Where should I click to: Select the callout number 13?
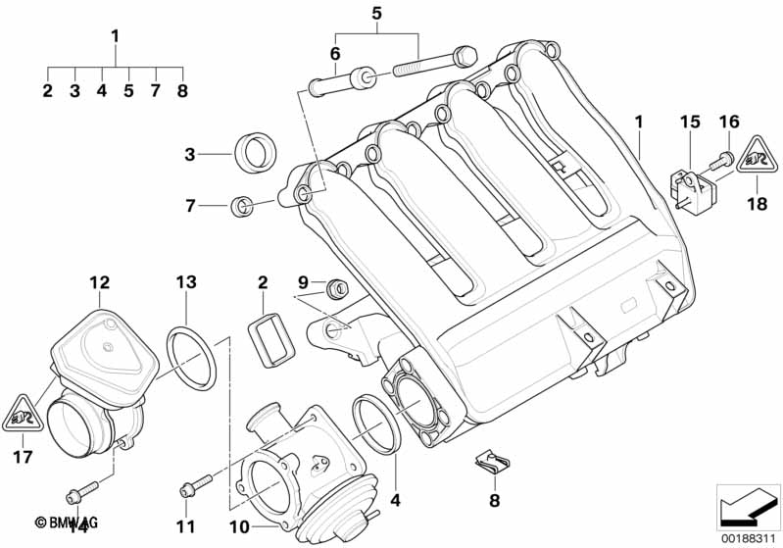(186, 283)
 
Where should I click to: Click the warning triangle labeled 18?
(755, 156)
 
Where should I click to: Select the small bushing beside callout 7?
(240, 206)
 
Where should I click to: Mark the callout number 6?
(335, 53)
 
